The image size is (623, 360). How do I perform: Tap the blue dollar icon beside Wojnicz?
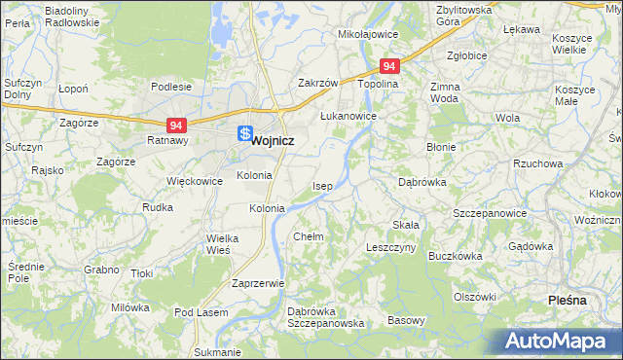coord(245,134)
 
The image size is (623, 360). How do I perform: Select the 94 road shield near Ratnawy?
coord(176,126)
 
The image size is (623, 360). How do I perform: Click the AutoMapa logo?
coord(558,342)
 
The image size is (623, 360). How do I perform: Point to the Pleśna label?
coord(568,300)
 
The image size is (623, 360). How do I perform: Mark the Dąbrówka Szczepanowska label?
coord(325,317)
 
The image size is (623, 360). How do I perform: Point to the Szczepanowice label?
coord(490,213)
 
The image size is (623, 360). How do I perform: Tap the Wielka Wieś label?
coord(218,243)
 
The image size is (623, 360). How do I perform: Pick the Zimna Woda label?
coord(444,92)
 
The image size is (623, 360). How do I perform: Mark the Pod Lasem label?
coord(201,312)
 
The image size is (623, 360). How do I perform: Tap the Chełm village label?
coord(309,236)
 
